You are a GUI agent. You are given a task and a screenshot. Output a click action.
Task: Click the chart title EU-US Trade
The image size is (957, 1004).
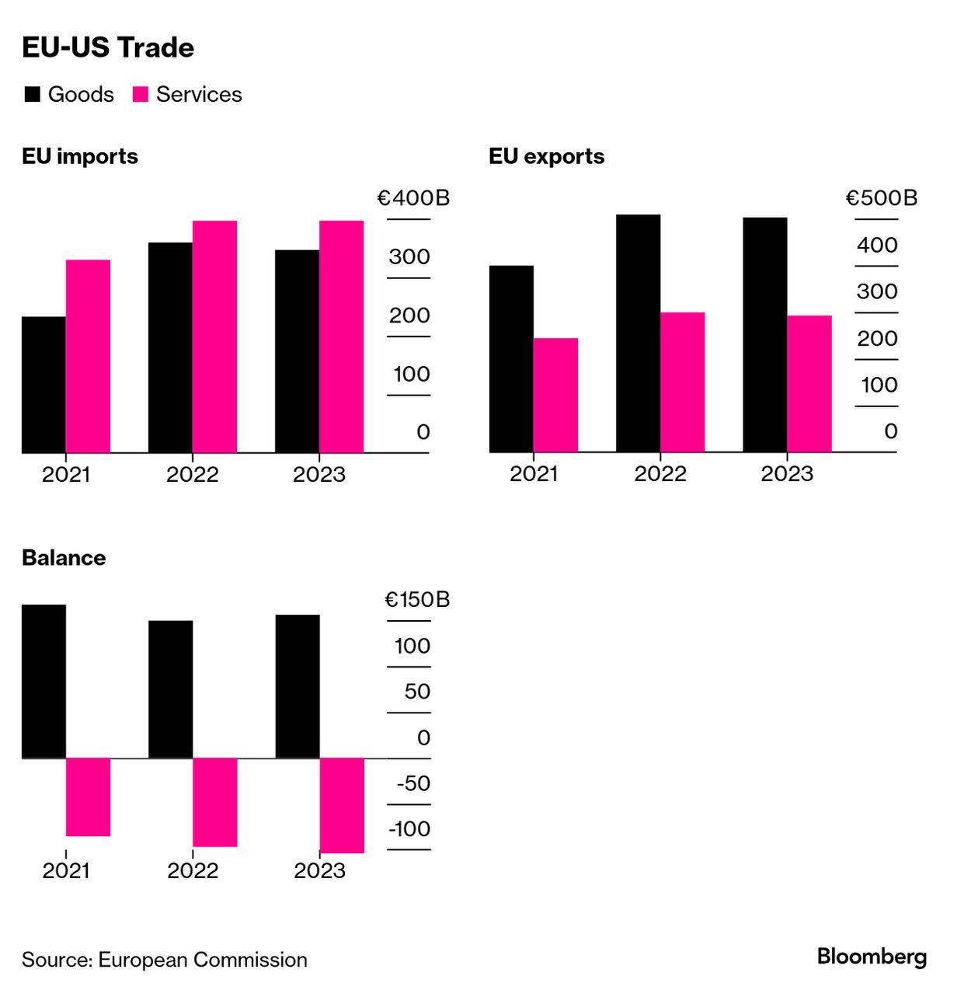click(108, 47)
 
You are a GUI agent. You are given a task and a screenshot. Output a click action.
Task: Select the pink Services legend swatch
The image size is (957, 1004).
click(141, 95)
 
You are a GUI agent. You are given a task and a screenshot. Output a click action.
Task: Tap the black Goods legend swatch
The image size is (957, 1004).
click(33, 95)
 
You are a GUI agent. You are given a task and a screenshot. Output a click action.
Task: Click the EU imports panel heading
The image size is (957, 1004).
click(80, 156)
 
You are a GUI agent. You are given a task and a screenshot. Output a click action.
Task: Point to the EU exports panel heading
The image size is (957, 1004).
click(546, 156)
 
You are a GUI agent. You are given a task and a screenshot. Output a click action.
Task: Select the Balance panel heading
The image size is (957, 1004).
click(64, 558)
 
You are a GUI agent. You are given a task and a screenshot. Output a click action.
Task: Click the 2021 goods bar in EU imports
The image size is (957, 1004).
click(43, 385)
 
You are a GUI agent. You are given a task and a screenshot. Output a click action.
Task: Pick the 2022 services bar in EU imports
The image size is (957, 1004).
click(214, 336)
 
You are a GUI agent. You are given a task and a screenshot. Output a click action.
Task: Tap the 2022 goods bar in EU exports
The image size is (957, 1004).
click(638, 333)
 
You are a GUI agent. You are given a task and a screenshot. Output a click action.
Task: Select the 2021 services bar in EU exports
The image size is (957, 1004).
click(555, 395)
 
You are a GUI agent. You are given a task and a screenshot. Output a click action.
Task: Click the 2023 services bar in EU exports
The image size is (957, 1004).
click(809, 384)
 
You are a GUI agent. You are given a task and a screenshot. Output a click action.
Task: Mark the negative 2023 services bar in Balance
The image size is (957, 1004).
click(342, 805)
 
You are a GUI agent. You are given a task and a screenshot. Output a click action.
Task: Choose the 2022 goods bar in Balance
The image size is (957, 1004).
click(170, 689)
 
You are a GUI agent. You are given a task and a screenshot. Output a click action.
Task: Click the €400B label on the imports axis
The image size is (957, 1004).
click(413, 198)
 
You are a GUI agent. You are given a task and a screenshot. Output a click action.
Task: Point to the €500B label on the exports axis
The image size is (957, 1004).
click(881, 198)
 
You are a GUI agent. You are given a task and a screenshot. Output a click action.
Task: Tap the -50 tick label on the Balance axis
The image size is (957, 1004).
click(413, 783)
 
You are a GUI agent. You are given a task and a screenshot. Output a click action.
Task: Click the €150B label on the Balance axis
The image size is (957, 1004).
click(417, 600)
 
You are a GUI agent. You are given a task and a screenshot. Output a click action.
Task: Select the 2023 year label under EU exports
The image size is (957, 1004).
click(787, 474)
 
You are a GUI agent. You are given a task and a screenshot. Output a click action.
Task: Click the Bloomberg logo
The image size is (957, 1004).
click(872, 957)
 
